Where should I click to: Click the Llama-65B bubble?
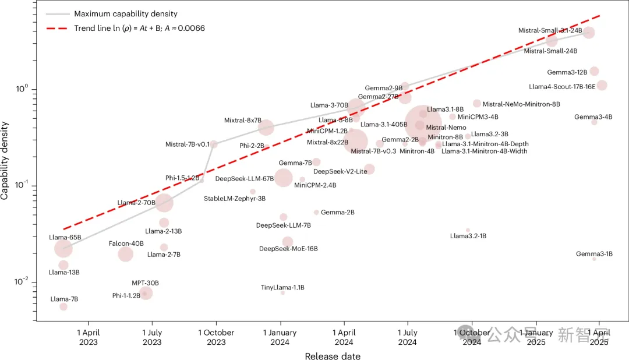point(63,249)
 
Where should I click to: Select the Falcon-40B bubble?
point(125,254)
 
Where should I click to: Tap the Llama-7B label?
point(64,299)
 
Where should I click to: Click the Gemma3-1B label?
point(594,254)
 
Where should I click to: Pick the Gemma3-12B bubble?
point(594,72)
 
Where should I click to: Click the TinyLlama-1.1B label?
point(282,287)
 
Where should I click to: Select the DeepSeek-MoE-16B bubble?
point(288,242)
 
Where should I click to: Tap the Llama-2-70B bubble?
point(164,203)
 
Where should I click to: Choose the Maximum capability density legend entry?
point(125,13)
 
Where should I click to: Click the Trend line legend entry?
point(139,28)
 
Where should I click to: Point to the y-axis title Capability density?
point(5,160)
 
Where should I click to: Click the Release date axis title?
point(333,356)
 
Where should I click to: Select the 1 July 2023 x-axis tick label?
point(152,337)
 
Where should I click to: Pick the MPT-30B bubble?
point(146,293)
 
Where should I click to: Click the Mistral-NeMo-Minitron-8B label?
point(521,104)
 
